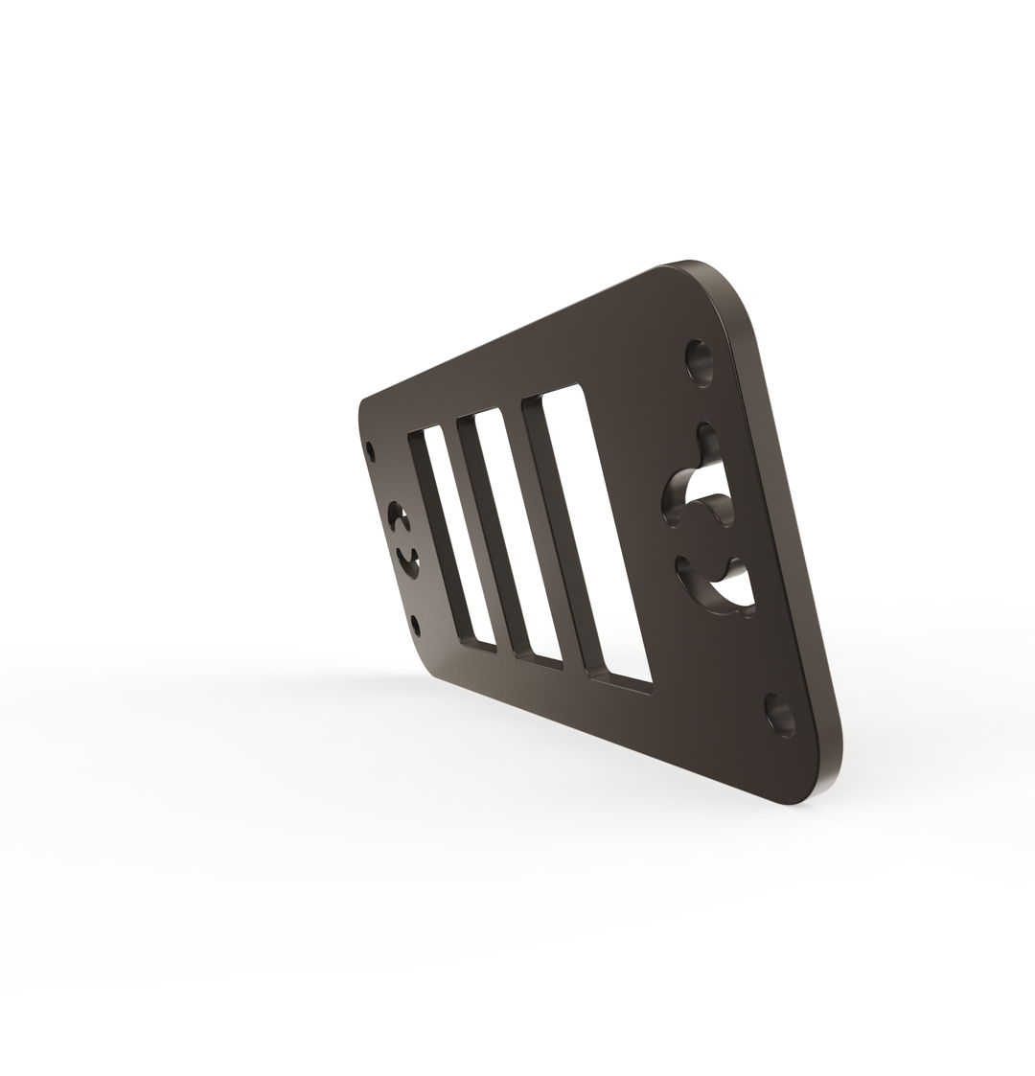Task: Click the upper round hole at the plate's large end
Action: click(701, 362)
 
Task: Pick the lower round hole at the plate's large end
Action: click(780, 714)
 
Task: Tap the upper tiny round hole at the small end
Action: click(371, 447)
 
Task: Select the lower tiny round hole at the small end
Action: click(415, 625)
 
